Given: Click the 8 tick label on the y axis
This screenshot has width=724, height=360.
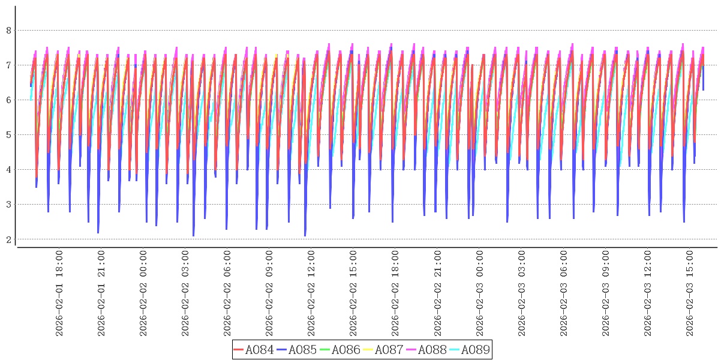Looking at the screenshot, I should point(8,30).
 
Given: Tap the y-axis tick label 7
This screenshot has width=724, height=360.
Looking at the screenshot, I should point(8,65).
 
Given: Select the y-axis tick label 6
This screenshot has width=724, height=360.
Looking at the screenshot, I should point(8,100).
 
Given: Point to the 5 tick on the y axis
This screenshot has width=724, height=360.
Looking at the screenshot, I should point(8,134).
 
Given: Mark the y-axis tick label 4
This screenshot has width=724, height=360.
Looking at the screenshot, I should point(8,169).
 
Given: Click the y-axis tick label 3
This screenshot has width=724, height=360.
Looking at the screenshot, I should point(8,204).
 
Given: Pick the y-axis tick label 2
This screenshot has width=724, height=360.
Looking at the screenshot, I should point(8,239).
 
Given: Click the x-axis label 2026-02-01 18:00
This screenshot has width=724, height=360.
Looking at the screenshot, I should point(59,293).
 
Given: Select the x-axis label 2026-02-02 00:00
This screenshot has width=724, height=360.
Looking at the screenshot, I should point(143,293).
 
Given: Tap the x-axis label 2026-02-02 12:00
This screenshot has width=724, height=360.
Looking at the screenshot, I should point(311,293).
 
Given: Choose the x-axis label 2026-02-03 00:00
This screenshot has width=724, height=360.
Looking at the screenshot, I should point(479,293).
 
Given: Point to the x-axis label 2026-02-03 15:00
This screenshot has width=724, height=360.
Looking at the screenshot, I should point(689,293).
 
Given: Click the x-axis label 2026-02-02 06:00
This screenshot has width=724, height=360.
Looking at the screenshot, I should point(227,293).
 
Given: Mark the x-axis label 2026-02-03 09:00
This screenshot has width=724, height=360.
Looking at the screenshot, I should point(605,293).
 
